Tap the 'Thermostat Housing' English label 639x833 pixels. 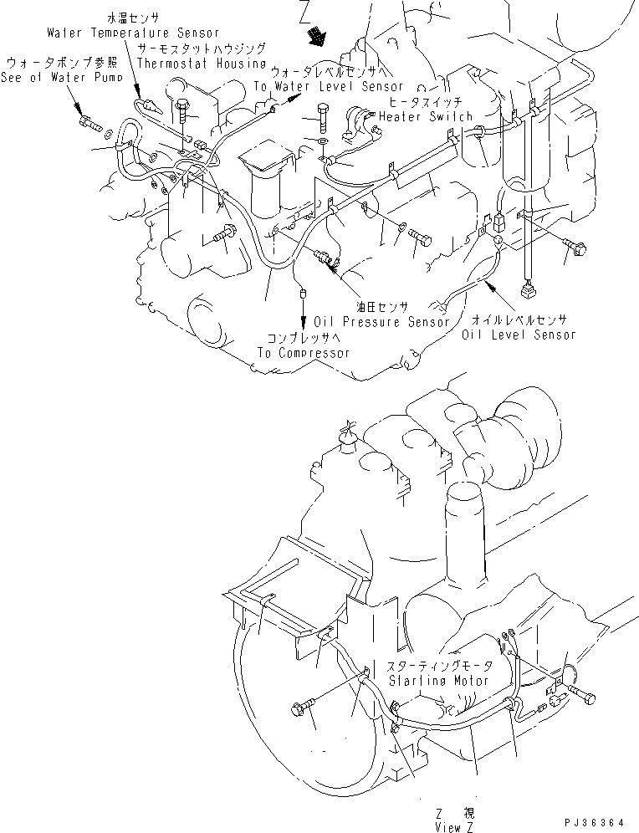[201, 63]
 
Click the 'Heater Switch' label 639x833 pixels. [425, 116]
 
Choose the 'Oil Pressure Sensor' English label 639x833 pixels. [381, 322]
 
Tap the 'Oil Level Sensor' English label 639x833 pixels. [519, 335]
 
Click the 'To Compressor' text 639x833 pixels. [303, 353]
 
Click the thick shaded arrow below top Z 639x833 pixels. [318, 35]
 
